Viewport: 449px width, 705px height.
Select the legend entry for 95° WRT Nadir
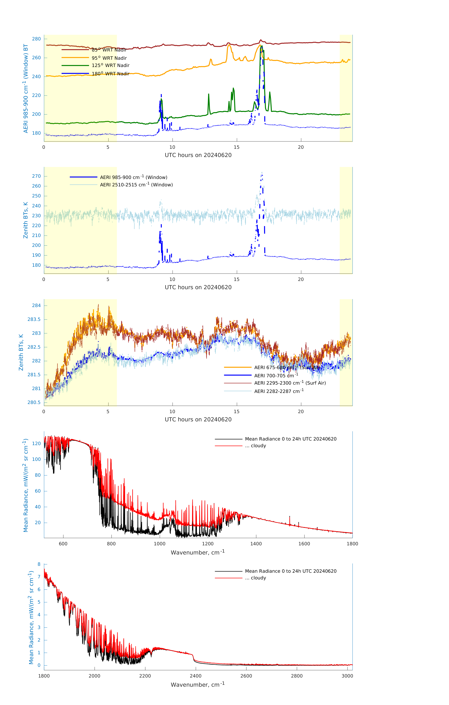tap(109, 58)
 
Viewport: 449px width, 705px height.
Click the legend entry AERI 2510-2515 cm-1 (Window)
tap(136, 185)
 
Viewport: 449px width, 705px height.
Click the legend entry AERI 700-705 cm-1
tap(276, 376)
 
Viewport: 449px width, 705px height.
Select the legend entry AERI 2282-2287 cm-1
tap(279, 391)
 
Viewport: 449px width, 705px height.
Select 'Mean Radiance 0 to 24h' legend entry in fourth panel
tap(290, 439)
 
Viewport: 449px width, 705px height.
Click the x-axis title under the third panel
tap(198, 420)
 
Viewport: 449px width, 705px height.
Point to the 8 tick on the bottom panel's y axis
tap(39, 564)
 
